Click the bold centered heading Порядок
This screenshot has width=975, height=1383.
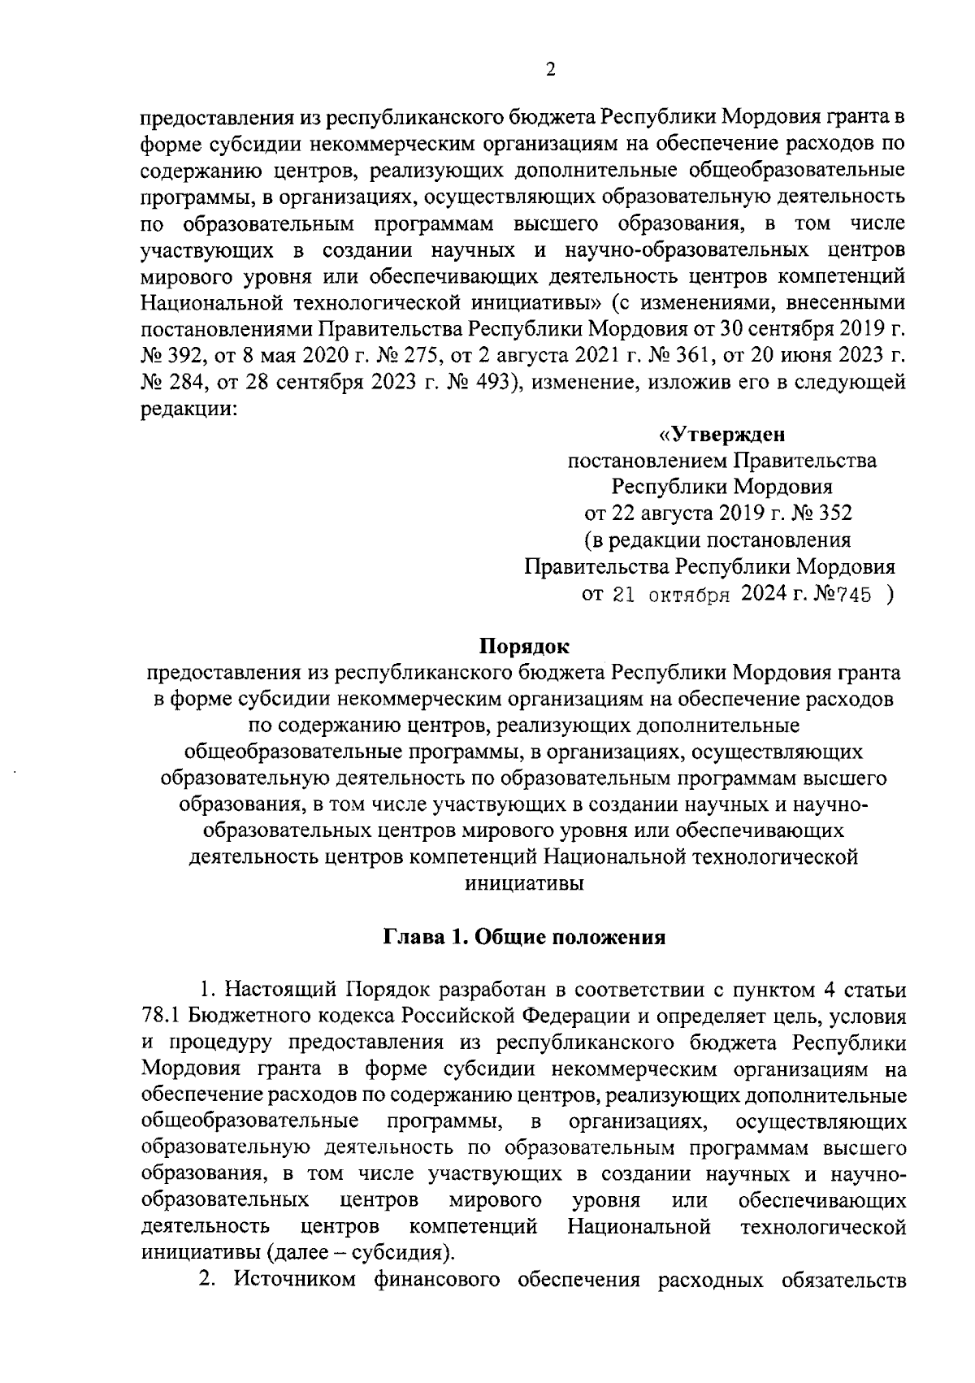click(x=524, y=647)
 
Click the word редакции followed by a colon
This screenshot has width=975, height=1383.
click(x=188, y=410)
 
